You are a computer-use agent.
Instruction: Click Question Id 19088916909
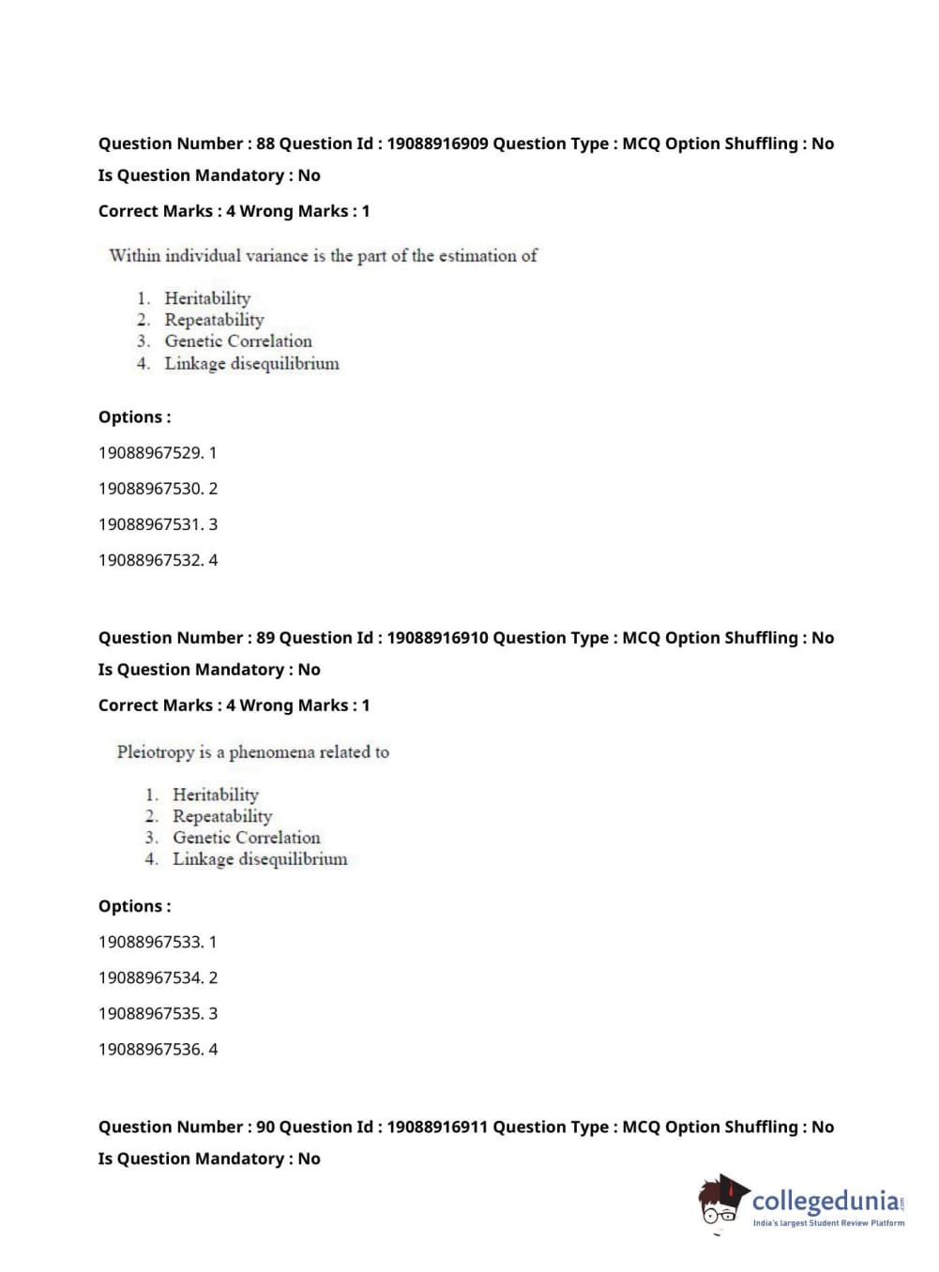coord(437,144)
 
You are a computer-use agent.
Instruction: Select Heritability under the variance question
coord(207,298)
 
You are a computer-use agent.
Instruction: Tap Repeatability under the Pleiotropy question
coord(222,816)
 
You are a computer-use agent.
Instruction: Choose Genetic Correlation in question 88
coord(238,341)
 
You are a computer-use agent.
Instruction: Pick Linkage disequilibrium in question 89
coord(260,859)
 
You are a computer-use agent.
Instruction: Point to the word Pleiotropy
coord(155,752)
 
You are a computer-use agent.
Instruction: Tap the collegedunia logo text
coord(825,1201)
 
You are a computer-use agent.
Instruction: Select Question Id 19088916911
coord(437,1127)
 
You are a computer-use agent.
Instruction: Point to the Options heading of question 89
coord(135,906)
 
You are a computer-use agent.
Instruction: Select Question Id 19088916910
coord(437,638)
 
